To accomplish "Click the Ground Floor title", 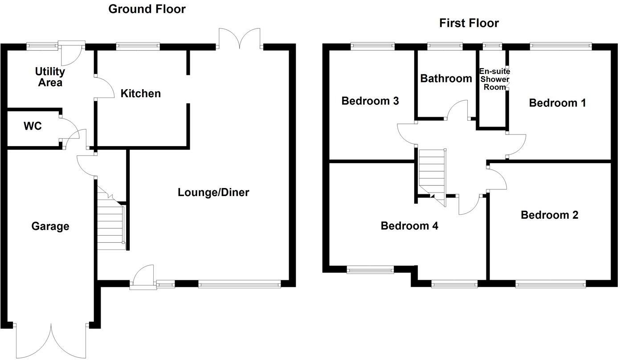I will coord(147,8).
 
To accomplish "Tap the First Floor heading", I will coord(469,23).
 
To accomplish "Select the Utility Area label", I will coord(50,77).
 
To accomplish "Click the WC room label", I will coord(33,127).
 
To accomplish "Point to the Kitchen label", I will coord(141,94).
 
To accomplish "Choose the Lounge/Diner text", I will coord(213,192).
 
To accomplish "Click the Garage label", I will coord(50,226).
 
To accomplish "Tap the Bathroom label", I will coord(446,79).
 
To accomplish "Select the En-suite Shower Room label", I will coord(494,79).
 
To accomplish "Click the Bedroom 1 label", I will coord(557,103).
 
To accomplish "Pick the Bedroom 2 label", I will coord(549,215).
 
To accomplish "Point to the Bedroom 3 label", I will coord(370,101).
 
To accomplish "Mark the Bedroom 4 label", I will coord(409,226).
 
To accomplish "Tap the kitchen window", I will coord(138,45).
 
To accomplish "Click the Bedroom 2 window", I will coord(551,283).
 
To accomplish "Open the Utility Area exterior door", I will coord(71,51).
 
